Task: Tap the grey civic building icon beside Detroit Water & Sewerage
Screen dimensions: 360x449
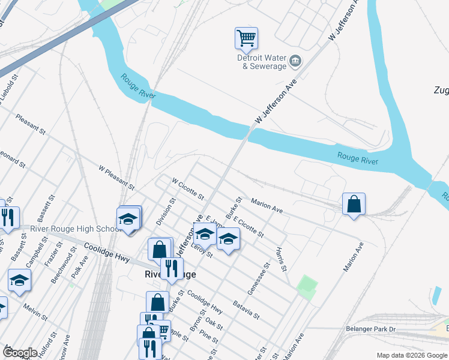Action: [295, 61]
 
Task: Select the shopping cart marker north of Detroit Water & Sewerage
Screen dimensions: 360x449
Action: [246, 39]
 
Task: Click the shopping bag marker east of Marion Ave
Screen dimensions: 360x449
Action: [354, 205]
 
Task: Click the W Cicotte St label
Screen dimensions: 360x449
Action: [188, 188]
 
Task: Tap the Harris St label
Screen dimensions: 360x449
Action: [280, 258]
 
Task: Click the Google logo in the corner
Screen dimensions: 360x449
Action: [20, 353]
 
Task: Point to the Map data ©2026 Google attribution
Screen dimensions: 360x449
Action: [411, 355]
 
